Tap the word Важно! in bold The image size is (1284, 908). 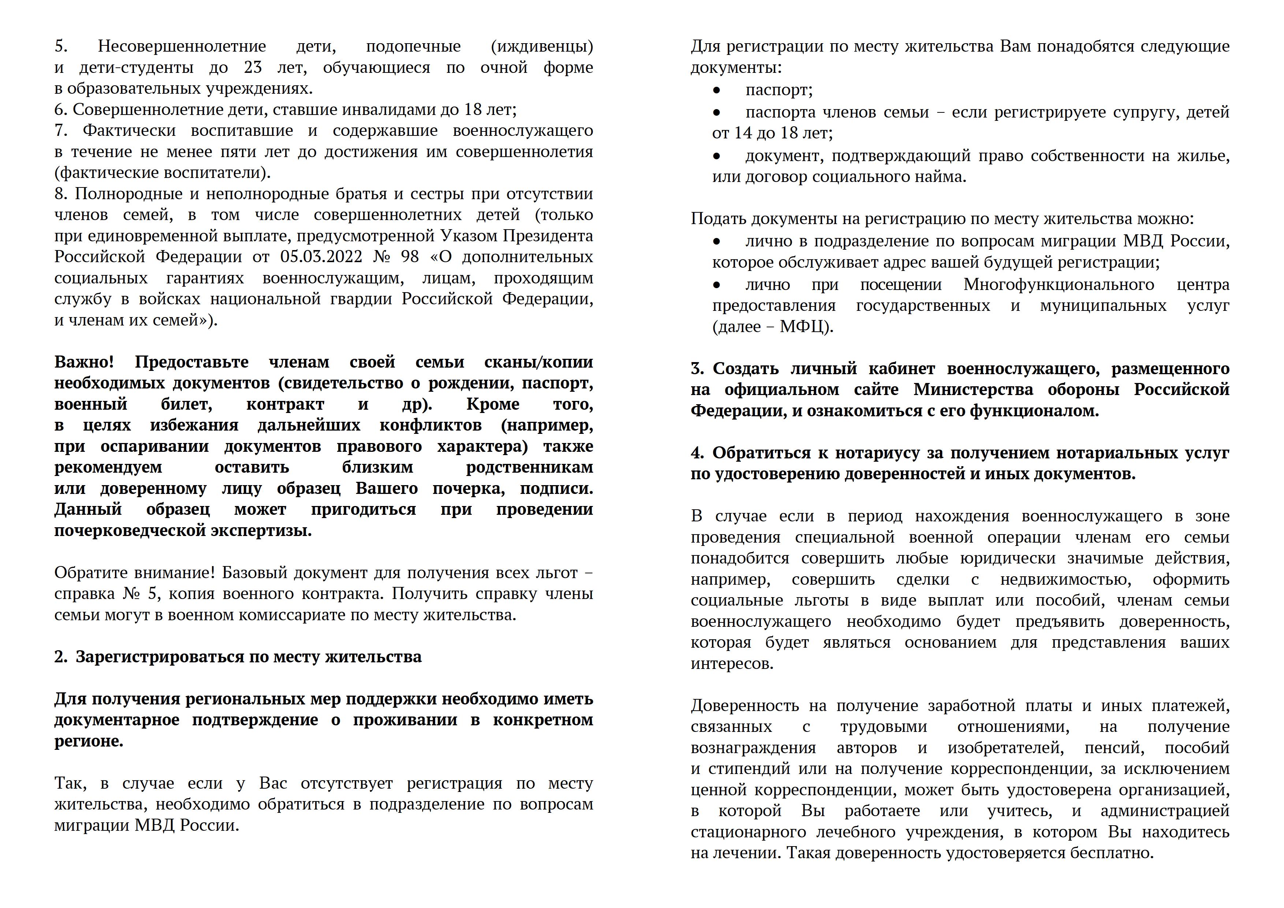pyautogui.click(x=84, y=362)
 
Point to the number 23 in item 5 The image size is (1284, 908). pyautogui.click(x=253, y=68)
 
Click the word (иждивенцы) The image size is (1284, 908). pyautogui.click(x=541, y=46)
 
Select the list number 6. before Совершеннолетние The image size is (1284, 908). pyautogui.click(x=61, y=109)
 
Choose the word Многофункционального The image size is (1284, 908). pyautogui.click(x=1059, y=285)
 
